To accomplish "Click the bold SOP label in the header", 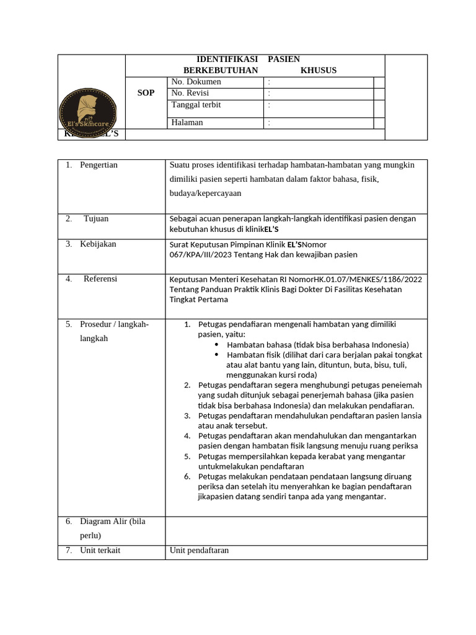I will (146, 92).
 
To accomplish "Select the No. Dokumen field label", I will (196, 82).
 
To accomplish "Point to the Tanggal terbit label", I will (196, 105).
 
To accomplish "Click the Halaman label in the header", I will (187, 122).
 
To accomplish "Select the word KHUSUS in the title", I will (319, 70).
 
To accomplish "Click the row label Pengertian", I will (99, 165).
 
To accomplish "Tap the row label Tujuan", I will (96, 219).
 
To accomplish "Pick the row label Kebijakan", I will (98, 244).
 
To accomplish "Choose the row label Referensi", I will (100, 279).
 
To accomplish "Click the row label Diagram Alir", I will (112, 522).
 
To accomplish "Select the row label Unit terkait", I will (100, 550).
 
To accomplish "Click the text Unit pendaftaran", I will (199, 550).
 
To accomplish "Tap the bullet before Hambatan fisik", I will (216, 355).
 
